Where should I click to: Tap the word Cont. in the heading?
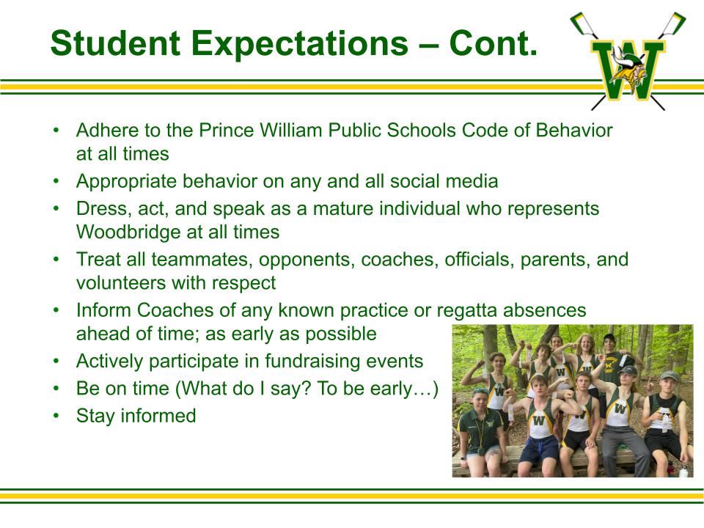coord(493,43)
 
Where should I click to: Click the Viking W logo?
coord(628,61)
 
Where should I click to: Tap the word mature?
coord(343,209)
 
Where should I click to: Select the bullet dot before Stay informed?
coord(56,417)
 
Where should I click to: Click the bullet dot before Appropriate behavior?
coord(56,181)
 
